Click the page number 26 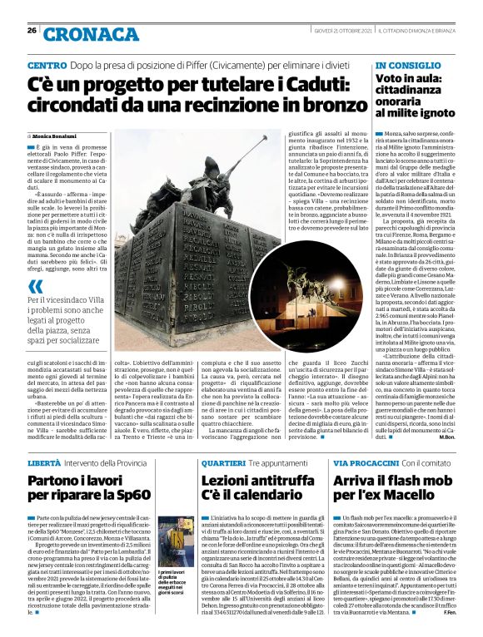(x=32, y=30)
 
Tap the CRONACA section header (x=80, y=32)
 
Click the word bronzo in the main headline (x=313, y=106)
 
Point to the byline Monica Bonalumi (x=57, y=136)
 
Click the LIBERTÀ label (x=44, y=462)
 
